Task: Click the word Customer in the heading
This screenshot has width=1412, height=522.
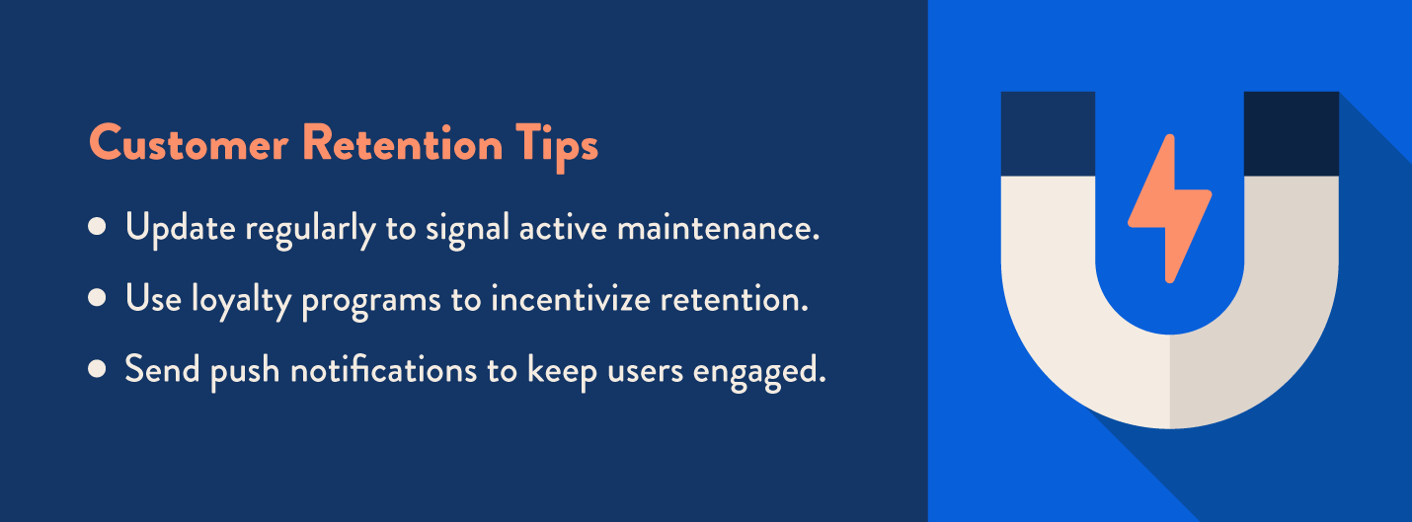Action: tap(188, 145)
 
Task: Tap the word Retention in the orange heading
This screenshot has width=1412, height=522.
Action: tap(401, 145)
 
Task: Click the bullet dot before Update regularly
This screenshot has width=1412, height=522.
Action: tap(97, 227)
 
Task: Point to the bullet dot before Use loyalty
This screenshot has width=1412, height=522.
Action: tap(97, 297)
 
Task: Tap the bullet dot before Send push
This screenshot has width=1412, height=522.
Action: tap(97, 368)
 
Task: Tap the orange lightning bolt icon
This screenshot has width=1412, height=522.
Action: tap(1169, 207)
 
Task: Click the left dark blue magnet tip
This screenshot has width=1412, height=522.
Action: tap(1048, 133)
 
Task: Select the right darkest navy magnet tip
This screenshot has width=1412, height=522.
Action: tap(1291, 133)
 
